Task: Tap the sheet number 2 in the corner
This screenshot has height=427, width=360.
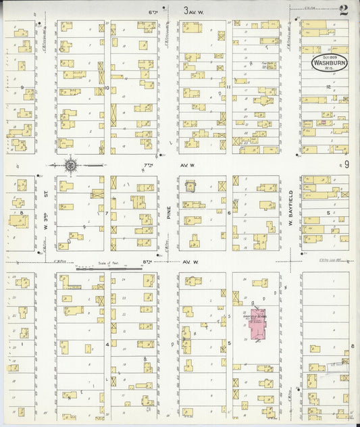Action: click(x=344, y=9)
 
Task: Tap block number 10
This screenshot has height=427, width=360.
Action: click(x=107, y=87)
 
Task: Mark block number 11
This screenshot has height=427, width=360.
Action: click(x=229, y=87)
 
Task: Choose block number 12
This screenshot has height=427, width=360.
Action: click(x=328, y=87)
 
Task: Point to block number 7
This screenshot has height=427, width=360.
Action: click(x=107, y=214)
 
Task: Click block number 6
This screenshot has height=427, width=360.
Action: click(x=229, y=213)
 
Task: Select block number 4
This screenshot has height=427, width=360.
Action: click(x=107, y=344)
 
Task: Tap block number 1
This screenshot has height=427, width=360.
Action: click(x=22, y=344)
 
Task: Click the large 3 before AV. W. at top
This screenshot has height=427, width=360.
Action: click(x=186, y=10)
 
